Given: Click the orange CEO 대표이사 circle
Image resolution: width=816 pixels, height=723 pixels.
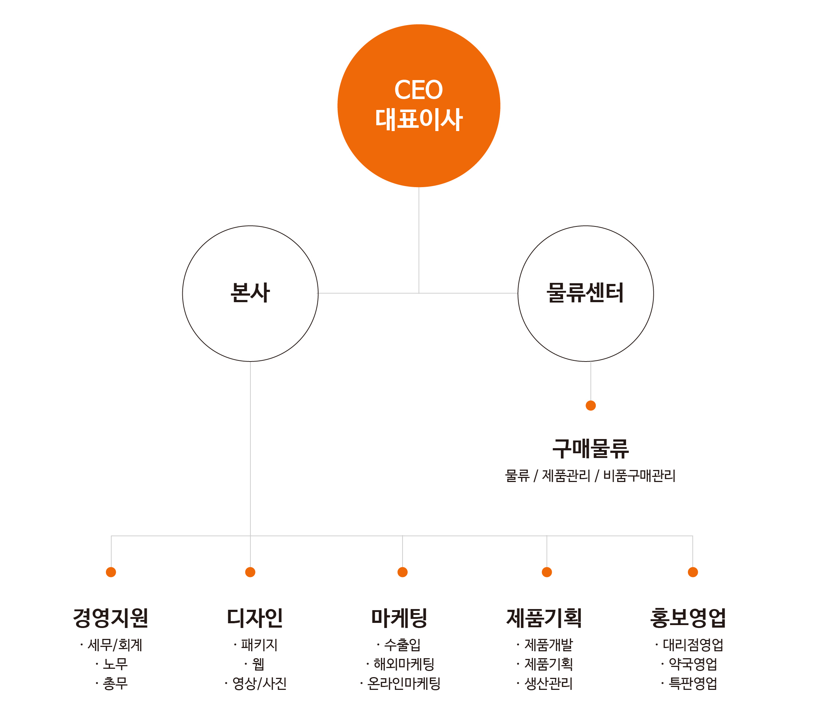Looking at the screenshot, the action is pyautogui.click(x=419, y=106).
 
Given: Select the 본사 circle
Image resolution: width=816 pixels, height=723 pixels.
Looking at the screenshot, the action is pyautogui.click(x=183, y=293).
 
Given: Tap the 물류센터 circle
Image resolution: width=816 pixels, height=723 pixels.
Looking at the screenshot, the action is pyautogui.click(x=518, y=293).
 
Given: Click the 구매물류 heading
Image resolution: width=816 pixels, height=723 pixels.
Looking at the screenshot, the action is pyautogui.click(x=590, y=449).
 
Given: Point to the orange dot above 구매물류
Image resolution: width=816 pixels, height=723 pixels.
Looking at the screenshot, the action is pyautogui.click(x=591, y=406).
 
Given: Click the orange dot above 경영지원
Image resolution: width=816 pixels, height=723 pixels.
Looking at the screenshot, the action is pyautogui.click(x=111, y=572).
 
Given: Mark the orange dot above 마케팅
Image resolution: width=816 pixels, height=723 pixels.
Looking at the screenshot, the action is pyautogui.click(x=403, y=572).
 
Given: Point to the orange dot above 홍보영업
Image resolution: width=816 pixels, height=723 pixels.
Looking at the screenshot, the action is pyautogui.click(x=693, y=572).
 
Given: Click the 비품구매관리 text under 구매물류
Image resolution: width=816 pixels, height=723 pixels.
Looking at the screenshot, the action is pyautogui.click(x=639, y=475).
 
